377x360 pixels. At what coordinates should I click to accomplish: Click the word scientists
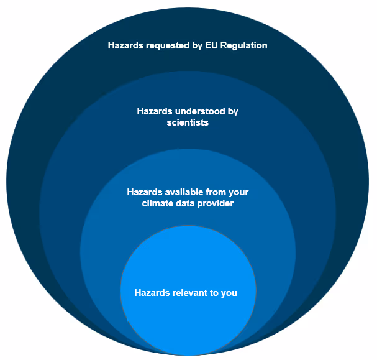tap(188, 122)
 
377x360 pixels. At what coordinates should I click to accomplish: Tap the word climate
tap(158, 203)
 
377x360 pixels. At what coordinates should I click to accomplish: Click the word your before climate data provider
tap(238, 192)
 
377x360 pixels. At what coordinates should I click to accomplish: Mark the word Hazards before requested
tap(125, 45)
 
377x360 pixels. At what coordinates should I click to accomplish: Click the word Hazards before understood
tap(154, 112)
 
